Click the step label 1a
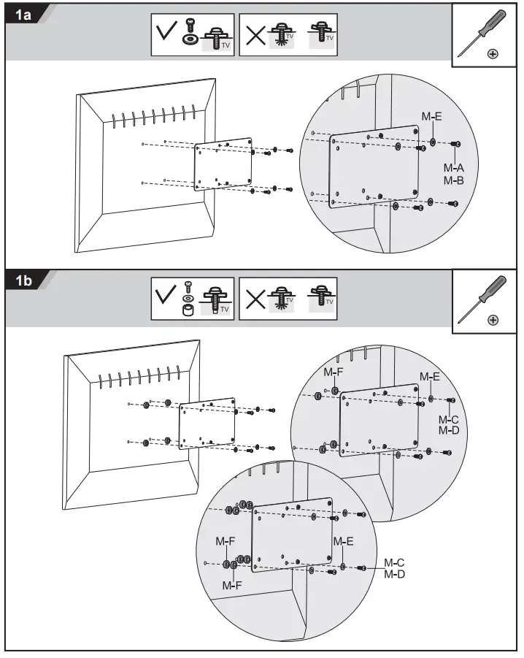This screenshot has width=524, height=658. [23, 14]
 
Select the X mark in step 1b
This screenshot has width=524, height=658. [255, 300]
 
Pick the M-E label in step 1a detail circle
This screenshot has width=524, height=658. [431, 115]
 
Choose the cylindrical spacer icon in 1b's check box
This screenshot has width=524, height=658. [187, 310]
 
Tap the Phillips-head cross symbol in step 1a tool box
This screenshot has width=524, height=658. [493, 54]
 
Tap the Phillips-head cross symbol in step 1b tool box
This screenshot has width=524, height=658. [493, 320]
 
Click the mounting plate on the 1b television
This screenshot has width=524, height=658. [207, 423]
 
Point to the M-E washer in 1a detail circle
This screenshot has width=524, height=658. [433, 142]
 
